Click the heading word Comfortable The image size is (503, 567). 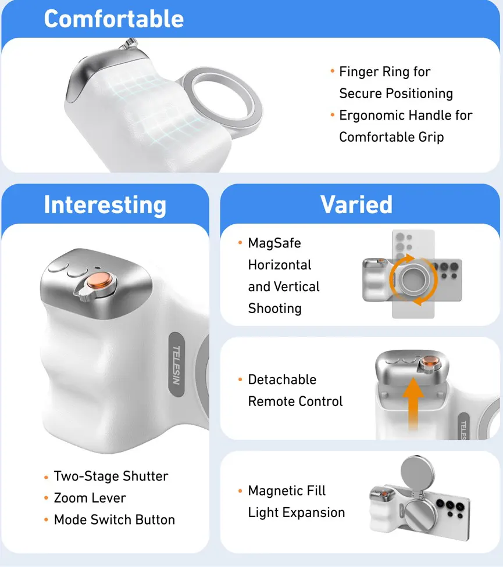(113, 19)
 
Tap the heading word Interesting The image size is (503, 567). (105, 204)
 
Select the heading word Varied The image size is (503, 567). (356, 204)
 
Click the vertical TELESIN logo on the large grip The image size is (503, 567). (177, 364)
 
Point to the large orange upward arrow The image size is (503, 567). (413, 404)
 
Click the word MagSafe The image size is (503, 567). (274, 243)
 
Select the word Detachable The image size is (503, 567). (282, 380)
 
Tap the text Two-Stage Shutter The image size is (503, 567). (111, 476)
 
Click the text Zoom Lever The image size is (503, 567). (90, 498)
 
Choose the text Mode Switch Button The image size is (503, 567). (115, 519)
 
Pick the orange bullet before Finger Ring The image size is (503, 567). (332, 71)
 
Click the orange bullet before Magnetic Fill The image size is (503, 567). (240, 491)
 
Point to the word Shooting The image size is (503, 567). (274, 308)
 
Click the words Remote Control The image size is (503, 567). (295, 401)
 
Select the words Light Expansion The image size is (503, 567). (297, 513)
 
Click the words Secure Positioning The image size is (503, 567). (396, 94)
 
